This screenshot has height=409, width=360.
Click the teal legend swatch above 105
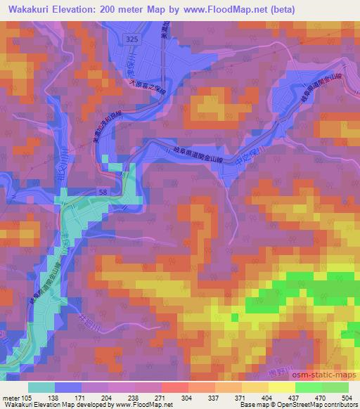(x=41, y=387)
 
